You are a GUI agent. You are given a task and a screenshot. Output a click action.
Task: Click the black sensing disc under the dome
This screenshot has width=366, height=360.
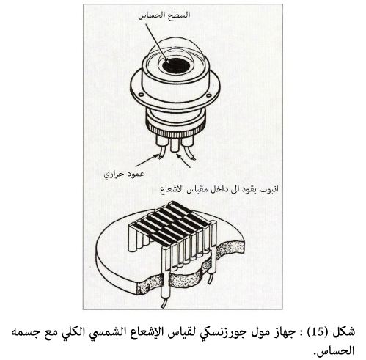click(x=176, y=66)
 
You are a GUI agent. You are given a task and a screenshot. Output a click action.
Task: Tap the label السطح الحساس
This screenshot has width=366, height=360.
click(x=164, y=15)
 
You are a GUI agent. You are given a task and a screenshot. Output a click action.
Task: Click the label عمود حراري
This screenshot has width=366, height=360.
click(x=124, y=175)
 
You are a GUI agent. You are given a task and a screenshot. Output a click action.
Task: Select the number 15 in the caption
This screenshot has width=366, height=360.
click(x=319, y=332)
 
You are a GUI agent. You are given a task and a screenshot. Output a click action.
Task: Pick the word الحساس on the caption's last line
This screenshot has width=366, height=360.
click(x=335, y=350)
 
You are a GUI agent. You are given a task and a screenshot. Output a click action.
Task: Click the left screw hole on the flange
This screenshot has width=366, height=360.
click(x=141, y=95)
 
